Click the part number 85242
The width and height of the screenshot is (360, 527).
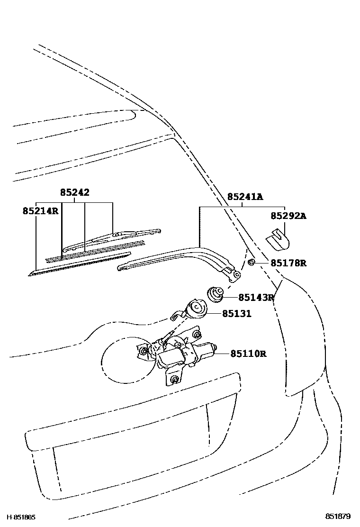[74, 192]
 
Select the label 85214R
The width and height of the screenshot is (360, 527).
[40, 210]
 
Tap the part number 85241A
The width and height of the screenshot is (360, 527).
[244, 197]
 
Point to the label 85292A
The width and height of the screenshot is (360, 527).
[288, 216]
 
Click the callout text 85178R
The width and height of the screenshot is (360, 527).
[288, 263]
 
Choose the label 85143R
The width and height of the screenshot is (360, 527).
[256, 298]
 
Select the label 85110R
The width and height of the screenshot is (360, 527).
[248, 354]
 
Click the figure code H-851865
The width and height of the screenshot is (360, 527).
[21, 517]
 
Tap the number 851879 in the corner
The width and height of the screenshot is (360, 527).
[337, 517]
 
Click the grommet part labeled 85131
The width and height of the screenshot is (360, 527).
[194, 310]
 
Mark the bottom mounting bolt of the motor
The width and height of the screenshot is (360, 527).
[175, 379]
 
